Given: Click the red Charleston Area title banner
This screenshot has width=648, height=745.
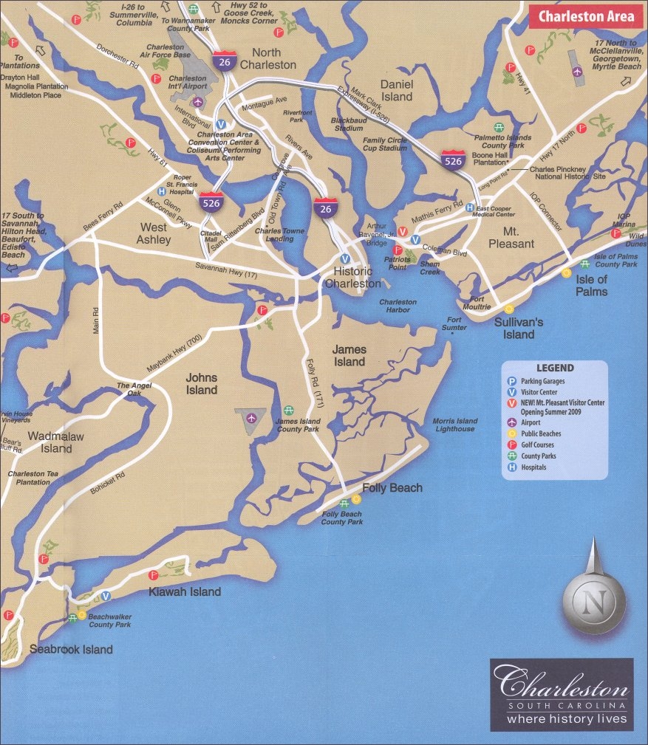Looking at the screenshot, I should (x=585, y=16).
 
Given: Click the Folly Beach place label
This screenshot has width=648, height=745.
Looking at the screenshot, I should (x=392, y=488).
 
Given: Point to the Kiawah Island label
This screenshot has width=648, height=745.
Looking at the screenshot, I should (x=185, y=591).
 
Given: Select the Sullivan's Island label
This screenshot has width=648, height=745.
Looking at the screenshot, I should (x=519, y=329).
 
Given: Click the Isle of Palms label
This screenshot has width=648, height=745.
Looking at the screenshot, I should (x=592, y=285).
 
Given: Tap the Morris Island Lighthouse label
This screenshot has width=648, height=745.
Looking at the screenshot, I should (x=455, y=425).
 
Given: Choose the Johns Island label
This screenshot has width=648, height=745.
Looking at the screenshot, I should (x=201, y=384).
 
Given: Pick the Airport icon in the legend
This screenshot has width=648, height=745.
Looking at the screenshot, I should (x=511, y=423).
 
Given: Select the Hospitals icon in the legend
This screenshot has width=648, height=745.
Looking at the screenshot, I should (x=511, y=467).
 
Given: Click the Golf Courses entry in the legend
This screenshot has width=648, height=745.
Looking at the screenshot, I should (x=537, y=445).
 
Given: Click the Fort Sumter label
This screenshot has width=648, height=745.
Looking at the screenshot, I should (x=454, y=323).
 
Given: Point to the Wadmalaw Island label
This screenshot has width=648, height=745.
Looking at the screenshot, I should (x=56, y=442).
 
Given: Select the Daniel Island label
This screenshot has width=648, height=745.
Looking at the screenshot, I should (x=397, y=90).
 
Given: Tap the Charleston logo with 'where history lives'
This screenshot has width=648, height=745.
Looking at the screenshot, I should (x=562, y=694).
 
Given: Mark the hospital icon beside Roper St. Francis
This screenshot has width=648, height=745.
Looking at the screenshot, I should (x=162, y=190).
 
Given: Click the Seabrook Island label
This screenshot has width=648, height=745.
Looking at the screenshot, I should (x=71, y=650).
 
